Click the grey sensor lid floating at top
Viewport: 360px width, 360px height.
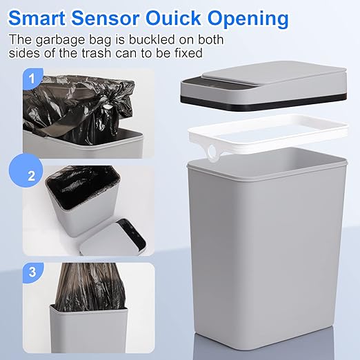[269, 79]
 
